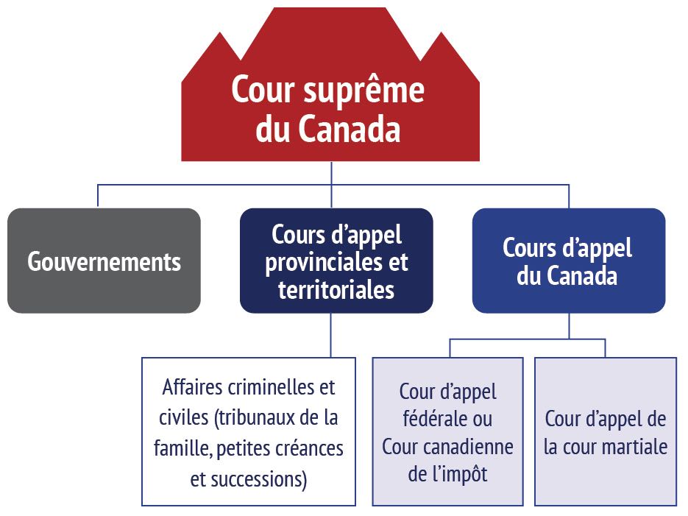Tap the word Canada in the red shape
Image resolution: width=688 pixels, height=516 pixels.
coord(350,130)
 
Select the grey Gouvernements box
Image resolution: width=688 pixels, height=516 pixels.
coord(104,261)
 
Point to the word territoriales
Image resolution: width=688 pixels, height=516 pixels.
coord(336,289)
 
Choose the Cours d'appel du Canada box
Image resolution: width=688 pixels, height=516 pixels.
coord(568,261)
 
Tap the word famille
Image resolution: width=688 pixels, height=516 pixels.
coord(179,448)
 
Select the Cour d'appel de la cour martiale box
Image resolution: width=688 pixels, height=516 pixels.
coord(605,431)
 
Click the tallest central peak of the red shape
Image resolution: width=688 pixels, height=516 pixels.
coord(330,29)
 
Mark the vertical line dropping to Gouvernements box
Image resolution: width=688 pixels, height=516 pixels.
coord(98,196)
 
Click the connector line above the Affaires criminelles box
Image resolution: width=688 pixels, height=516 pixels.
coord(330,335)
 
